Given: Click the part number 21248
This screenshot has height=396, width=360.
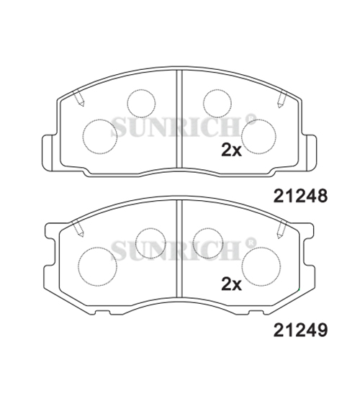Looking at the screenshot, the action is [300, 197].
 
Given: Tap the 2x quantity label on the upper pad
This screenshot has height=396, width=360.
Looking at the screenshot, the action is [231, 150].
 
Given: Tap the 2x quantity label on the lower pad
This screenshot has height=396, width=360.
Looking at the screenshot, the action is [231, 284].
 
